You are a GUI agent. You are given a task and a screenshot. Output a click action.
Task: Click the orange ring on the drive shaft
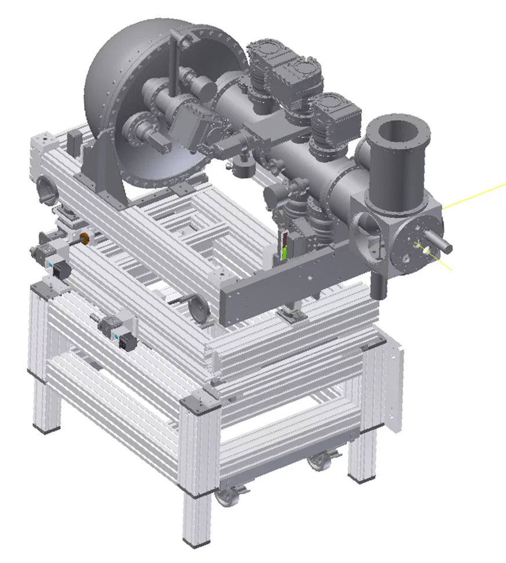click(x=85, y=238)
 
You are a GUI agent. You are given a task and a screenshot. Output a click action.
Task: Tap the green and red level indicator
click(x=285, y=246)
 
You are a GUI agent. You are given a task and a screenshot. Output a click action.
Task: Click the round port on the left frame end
click(x=43, y=188)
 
